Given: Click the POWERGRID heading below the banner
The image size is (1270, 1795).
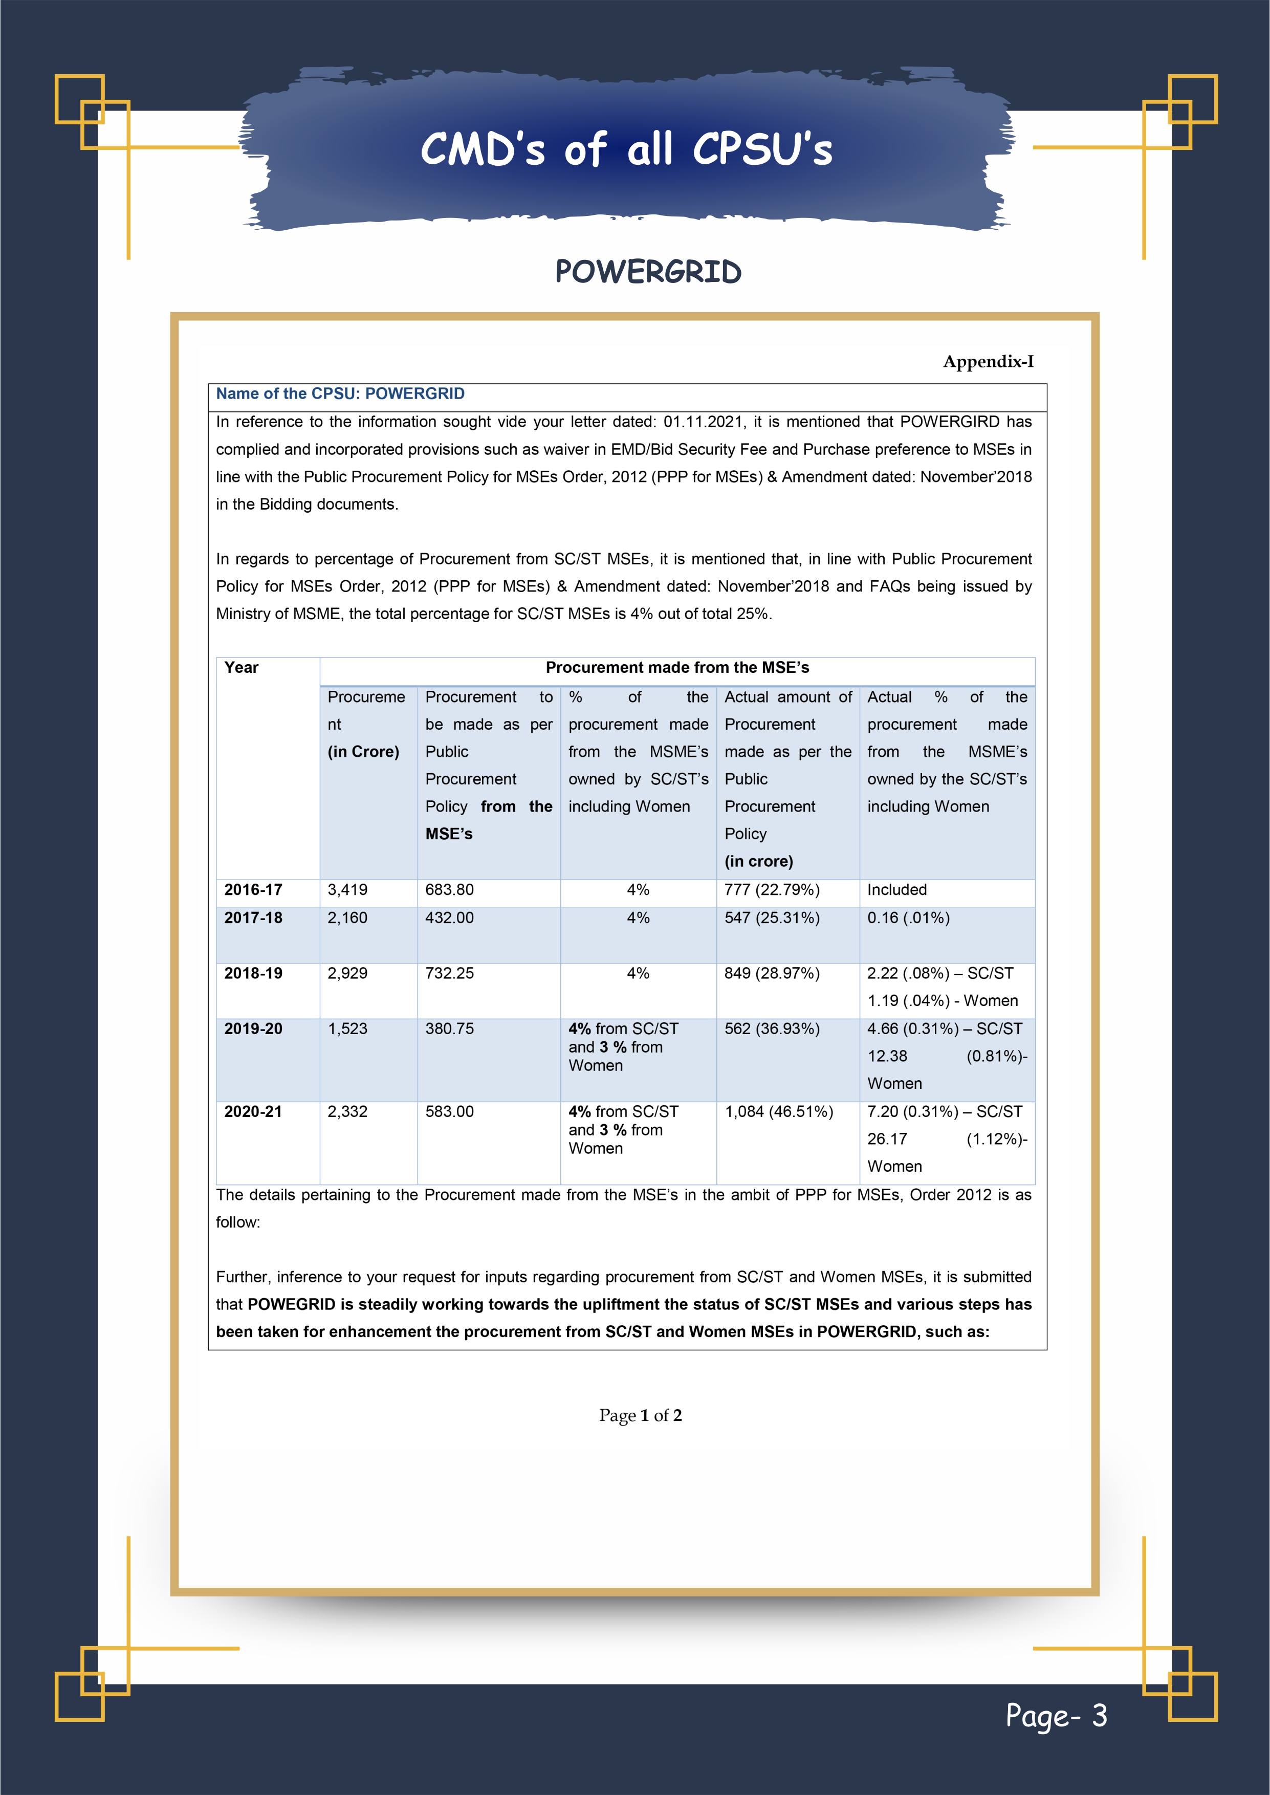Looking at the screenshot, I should click(x=647, y=272).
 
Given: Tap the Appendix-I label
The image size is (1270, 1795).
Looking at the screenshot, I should click(x=988, y=361).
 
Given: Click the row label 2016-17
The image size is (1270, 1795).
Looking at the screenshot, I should click(x=253, y=890).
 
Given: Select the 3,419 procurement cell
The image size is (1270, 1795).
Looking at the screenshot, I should click(x=347, y=890).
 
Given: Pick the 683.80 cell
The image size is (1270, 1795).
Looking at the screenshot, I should click(x=450, y=890).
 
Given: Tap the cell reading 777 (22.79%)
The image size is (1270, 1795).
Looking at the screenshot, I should click(x=772, y=890).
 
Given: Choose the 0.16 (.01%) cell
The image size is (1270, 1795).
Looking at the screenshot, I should click(x=908, y=918).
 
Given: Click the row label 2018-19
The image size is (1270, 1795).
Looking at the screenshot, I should click(x=253, y=973).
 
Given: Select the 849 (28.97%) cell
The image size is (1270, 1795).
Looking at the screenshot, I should click(x=772, y=973).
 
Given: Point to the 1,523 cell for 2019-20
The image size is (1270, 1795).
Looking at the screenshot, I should click(x=347, y=1029).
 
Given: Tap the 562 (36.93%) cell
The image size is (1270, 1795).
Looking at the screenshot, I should click(x=772, y=1029).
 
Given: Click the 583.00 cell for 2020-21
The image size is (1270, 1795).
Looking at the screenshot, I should click(x=450, y=1112).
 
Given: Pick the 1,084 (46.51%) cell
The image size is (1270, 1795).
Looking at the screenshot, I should click(x=779, y=1112).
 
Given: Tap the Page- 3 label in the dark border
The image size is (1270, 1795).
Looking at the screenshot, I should click(x=1056, y=1715).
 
